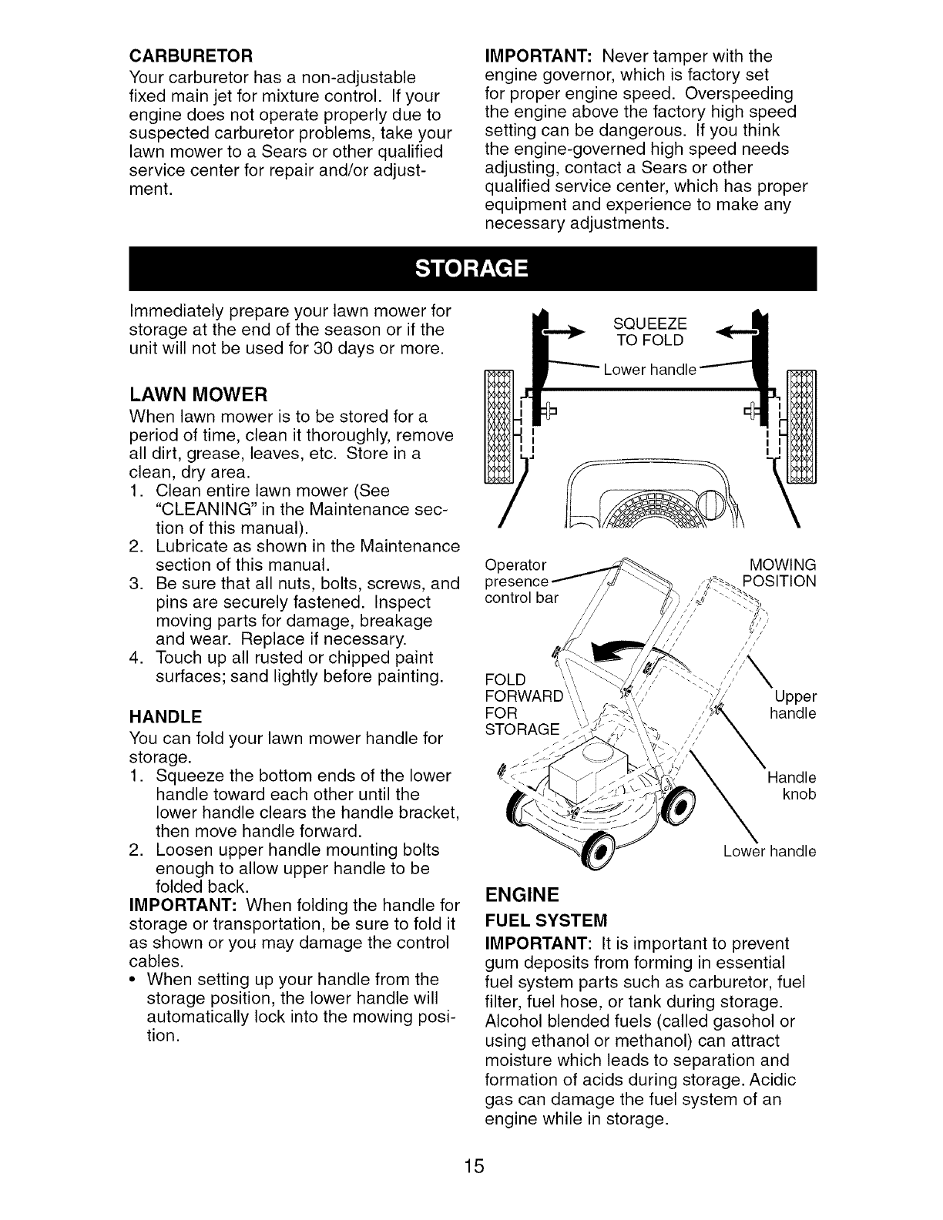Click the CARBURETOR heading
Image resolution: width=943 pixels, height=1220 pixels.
(190, 58)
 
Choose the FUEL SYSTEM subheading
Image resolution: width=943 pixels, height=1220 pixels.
(545, 920)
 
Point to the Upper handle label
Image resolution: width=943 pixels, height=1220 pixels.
(794, 706)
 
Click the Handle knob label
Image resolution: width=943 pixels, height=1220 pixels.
(792, 786)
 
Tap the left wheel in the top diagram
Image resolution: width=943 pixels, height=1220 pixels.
(497, 425)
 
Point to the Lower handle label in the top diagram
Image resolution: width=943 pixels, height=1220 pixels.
(650, 370)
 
